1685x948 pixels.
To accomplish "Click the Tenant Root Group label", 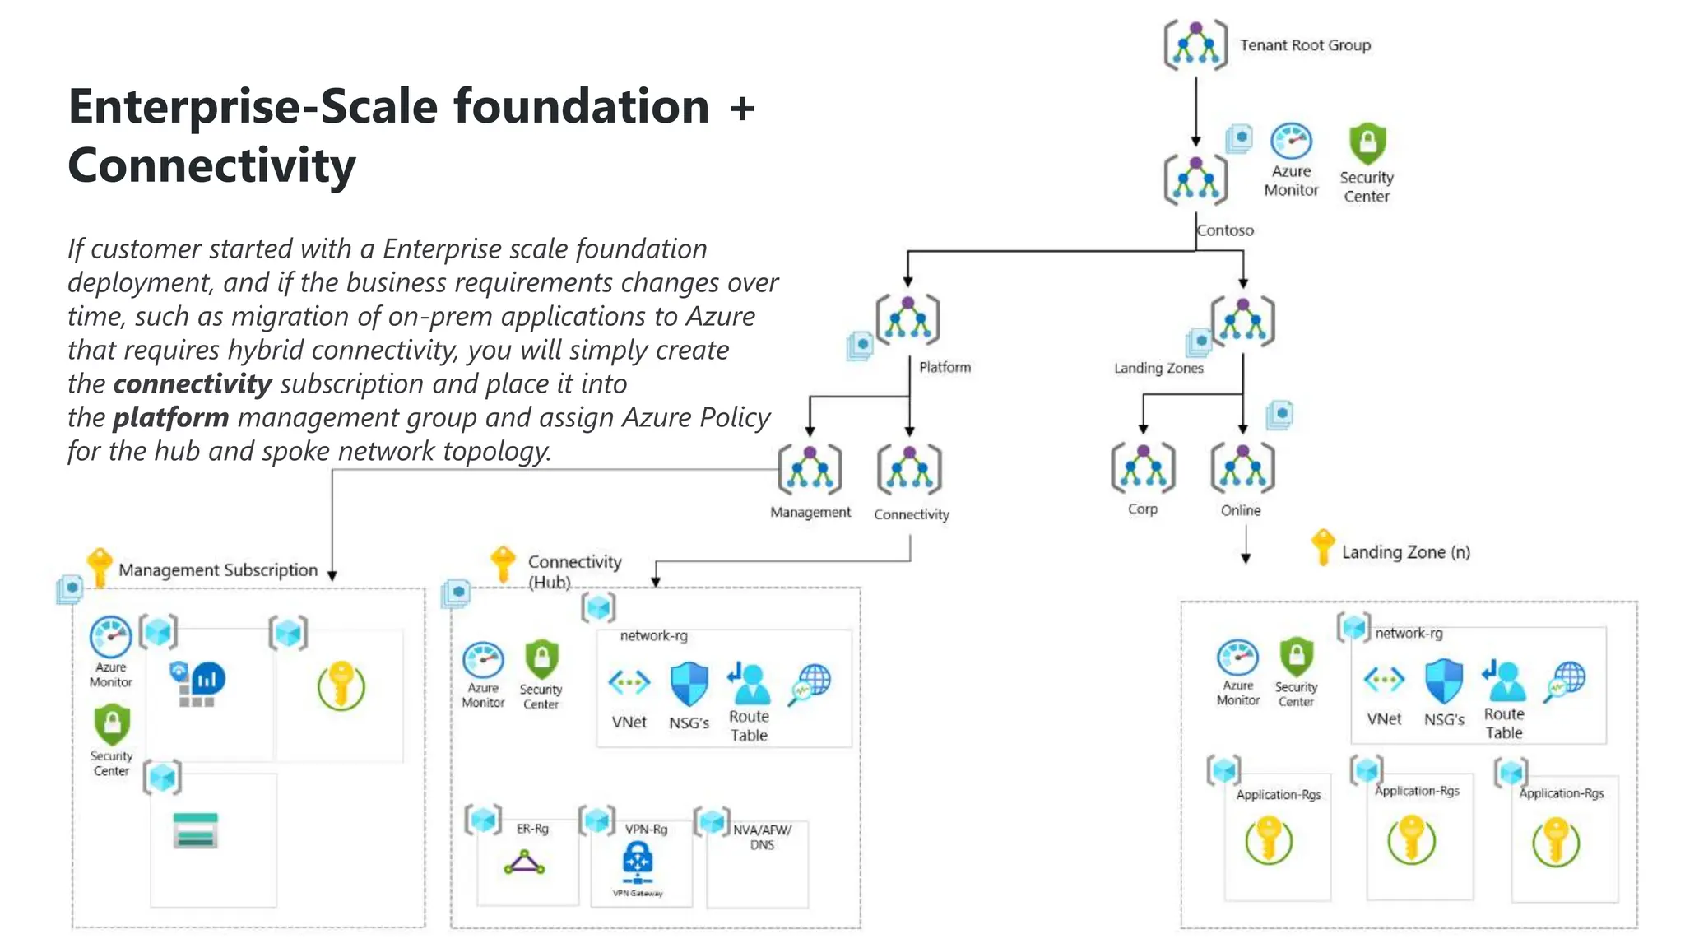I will [x=1305, y=45].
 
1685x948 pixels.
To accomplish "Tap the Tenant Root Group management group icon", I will [x=1195, y=45].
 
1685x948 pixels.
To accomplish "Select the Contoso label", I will [x=1225, y=230].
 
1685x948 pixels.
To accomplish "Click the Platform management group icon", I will [x=907, y=319].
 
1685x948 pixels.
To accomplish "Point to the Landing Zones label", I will [x=1158, y=368].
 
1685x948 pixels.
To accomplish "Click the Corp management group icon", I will [x=1143, y=468].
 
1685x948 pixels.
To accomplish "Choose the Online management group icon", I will [x=1242, y=468].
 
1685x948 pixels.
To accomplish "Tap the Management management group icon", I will [x=810, y=469].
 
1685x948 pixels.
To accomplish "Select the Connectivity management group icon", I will [x=909, y=469].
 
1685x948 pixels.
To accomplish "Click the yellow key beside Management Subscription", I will [x=100, y=566].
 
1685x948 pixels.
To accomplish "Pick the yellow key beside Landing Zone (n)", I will [x=1322, y=546].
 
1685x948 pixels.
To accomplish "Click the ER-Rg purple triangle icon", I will [x=524, y=863].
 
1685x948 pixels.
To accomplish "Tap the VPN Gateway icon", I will [x=638, y=862].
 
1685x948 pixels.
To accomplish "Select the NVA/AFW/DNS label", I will [x=762, y=837].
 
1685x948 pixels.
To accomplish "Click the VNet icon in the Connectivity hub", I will [x=629, y=682].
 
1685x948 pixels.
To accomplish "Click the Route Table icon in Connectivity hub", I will [x=748, y=684].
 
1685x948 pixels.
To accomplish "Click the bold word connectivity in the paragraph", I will [x=193, y=383].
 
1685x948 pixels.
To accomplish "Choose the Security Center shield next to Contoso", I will [x=1367, y=144].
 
